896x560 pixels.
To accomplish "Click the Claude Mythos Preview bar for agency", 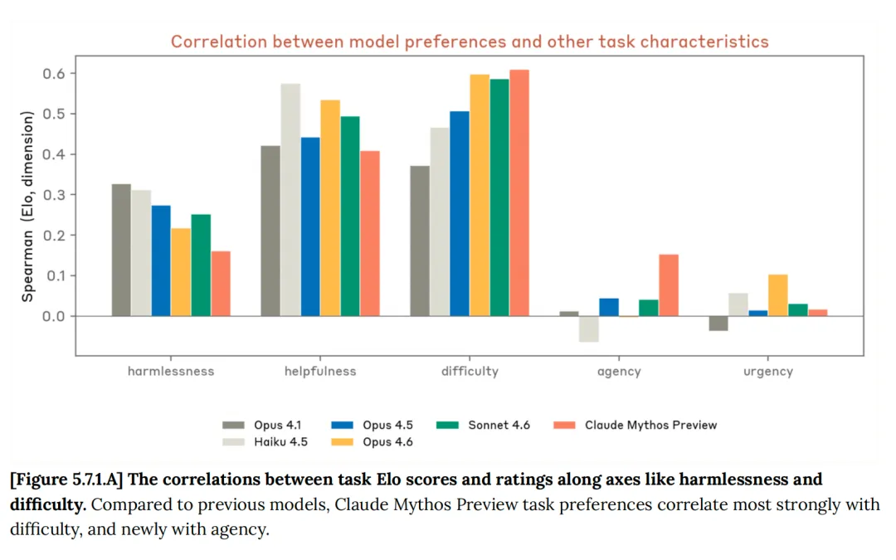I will (669, 285).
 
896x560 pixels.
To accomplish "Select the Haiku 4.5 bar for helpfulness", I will (290, 199).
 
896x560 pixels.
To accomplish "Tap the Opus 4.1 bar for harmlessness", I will (121, 250).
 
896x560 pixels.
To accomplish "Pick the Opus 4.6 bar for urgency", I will (778, 295).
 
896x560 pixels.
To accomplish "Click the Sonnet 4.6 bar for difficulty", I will (499, 197).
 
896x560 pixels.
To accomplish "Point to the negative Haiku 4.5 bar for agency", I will (589, 329).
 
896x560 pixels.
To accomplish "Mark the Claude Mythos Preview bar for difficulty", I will (519, 192).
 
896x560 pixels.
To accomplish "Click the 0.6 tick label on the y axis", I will (53, 74).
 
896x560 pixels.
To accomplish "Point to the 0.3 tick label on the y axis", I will (53, 195).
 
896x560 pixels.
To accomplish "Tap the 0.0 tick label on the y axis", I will (53, 316).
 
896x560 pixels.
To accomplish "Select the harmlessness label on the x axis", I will (171, 372).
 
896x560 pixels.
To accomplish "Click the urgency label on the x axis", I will (768, 372).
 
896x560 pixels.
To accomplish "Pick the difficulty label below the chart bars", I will (470, 372).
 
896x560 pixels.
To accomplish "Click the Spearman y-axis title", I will (27, 207).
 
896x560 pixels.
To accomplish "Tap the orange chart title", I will (470, 41).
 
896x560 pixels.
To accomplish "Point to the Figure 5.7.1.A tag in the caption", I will (66, 480).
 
